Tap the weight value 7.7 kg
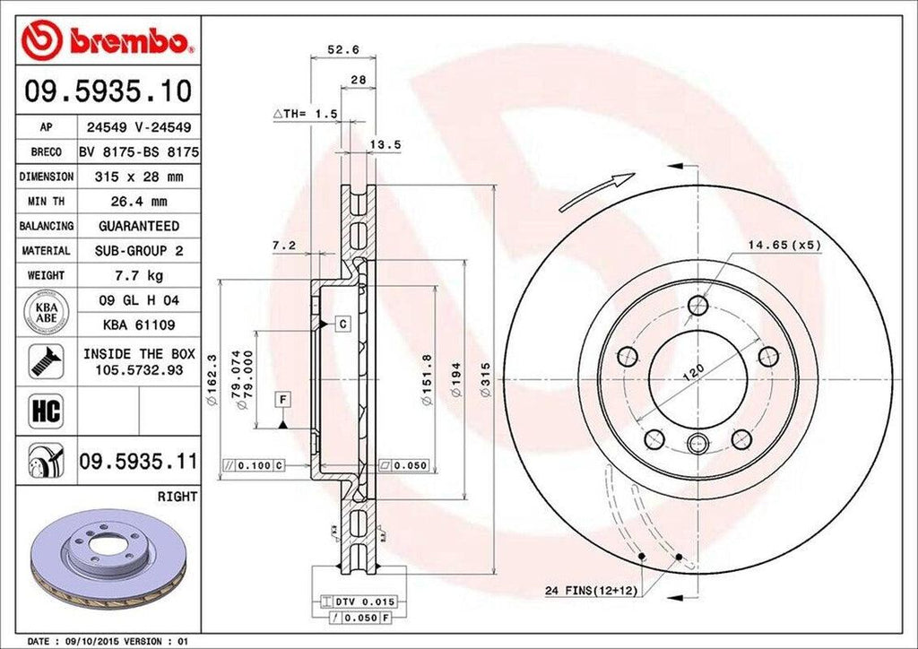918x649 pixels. tap(139, 275)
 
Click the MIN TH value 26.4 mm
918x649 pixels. tap(139, 202)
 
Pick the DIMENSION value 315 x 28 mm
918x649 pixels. tap(139, 177)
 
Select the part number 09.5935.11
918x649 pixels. tap(139, 463)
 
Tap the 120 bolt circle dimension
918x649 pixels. tap(691, 371)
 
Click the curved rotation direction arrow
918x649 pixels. tap(596, 192)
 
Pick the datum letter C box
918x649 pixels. tap(342, 323)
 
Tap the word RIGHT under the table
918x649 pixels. tap(177, 496)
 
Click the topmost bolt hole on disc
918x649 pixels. tap(698, 306)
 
